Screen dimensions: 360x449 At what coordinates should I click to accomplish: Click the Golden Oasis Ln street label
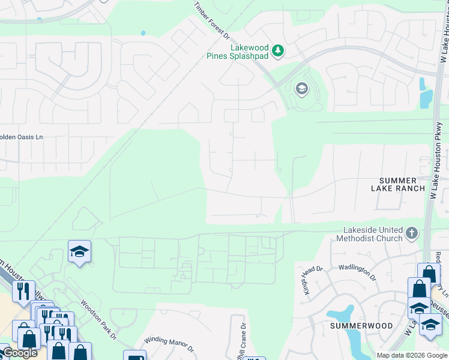(22, 137)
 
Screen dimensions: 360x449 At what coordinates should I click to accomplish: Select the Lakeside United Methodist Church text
(372, 234)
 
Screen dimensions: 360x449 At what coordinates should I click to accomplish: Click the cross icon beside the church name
(412, 233)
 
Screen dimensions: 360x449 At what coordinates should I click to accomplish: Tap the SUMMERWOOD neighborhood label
(361, 326)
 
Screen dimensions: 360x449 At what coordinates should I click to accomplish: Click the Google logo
(20, 353)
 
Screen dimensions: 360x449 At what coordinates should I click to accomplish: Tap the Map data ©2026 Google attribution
(412, 355)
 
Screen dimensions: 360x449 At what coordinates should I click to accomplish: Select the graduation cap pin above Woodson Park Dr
(79, 252)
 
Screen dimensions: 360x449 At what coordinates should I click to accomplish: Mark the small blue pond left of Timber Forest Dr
(143, 33)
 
